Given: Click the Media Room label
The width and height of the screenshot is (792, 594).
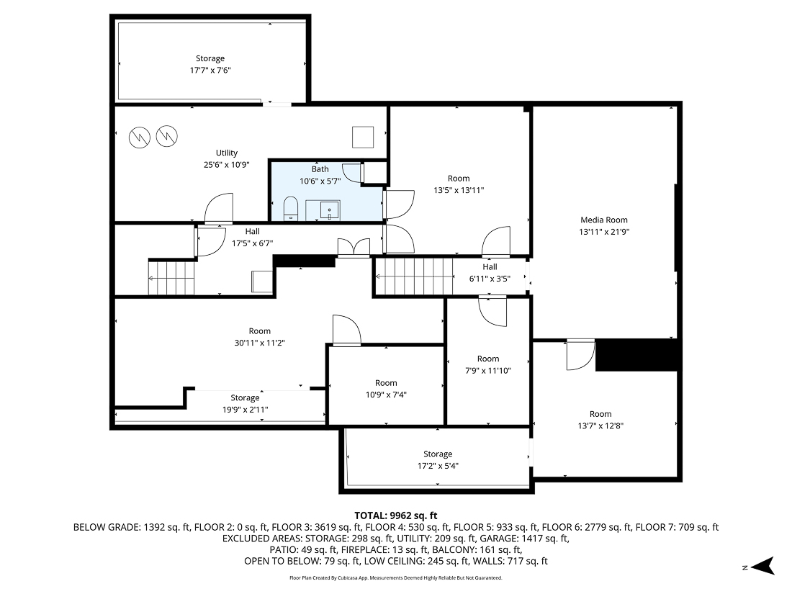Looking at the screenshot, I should pyautogui.click(x=604, y=220).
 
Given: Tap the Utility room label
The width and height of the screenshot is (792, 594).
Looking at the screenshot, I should pyautogui.click(x=227, y=153).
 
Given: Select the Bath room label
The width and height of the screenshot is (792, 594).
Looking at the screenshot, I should pyautogui.click(x=320, y=169).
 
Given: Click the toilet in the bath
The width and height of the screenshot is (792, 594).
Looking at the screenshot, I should pyautogui.click(x=289, y=208).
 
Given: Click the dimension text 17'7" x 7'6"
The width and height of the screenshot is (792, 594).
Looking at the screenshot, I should pyautogui.click(x=210, y=70).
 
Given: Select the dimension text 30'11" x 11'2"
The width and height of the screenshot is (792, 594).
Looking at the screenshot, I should pyautogui.click(x=260, y=343).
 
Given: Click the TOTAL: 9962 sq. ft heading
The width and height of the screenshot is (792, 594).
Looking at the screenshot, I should pyautogui.click(x=396, y=516).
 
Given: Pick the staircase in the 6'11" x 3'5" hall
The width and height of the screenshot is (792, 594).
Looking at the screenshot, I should pyautogui.click(x=413, y=276).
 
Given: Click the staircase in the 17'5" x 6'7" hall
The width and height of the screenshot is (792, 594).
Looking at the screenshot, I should pyautogui.click(x=172, y=278).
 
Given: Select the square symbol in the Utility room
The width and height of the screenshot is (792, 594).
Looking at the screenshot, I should pyautogui.click(x=363, y=136).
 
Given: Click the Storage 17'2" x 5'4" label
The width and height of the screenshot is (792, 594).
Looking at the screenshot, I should pyautogui.click(x=438, y=454).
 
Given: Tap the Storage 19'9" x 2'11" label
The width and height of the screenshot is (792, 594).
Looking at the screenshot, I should pyautogui.click(x=245, y=397).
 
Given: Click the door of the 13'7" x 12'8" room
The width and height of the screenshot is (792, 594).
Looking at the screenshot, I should pyautogui.click(x=580, y=354).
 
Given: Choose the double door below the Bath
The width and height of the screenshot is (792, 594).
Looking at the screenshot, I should pyautogui.click(x=355, y=248).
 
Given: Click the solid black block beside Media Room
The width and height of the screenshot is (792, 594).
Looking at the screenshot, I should pyautogui.click(x=637, y=355).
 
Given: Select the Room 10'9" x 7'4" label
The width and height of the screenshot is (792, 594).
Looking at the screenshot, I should pyautogui.click(x=386, y=383).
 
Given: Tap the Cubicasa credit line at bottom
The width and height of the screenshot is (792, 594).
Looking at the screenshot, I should pyautogui.click(x=395, y=577).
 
